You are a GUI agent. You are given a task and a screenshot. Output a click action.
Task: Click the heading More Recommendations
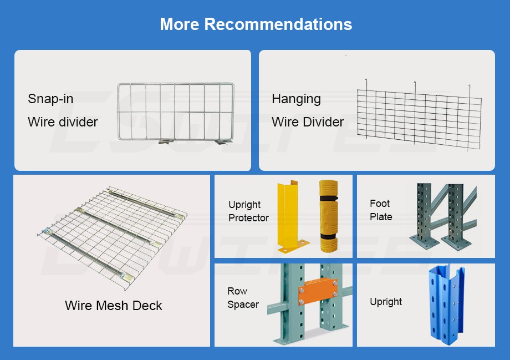[x=256, y=24]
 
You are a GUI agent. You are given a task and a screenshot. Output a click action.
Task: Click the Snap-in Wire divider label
[x=63, y=110]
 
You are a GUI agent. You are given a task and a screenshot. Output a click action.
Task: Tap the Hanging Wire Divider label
[x=308, y=110]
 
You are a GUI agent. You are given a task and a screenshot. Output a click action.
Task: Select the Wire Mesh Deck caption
[x=114, y=306]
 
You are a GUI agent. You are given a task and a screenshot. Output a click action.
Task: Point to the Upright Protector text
[x=248, y=211]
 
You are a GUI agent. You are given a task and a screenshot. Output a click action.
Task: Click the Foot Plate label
[x=381, y=210]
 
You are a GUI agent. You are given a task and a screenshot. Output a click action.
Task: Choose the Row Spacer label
[x=243, y=298]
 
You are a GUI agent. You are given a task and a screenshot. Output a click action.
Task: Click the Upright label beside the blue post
[x=386, y=302]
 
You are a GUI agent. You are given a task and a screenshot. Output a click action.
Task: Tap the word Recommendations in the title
[x=278, y=24]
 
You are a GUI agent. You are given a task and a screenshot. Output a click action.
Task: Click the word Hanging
[x=296, y=99]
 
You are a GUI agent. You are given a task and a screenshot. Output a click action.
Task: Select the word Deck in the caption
[x=148, y=306]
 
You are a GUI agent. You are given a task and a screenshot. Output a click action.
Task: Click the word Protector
[x=248, y=218]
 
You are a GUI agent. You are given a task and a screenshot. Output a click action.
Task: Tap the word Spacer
[x=243, y=305]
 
